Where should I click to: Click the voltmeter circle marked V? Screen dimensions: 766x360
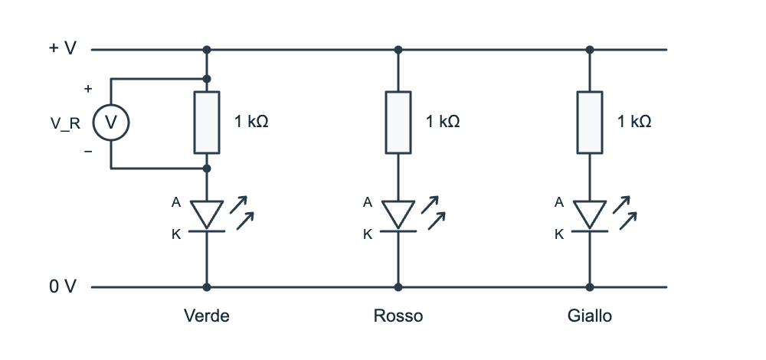[111, 123]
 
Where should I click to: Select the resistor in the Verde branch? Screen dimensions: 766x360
[207, 123]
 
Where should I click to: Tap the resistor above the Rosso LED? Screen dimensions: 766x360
[398, 123]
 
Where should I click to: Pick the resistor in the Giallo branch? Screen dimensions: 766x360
[590, 123]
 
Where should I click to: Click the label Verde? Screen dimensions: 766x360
[207, 316]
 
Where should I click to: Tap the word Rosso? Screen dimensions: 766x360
[398, 316]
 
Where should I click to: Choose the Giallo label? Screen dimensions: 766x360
[590, 316]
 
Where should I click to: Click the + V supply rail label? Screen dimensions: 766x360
[63, 48]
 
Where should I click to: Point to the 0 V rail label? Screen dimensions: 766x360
[63, 286]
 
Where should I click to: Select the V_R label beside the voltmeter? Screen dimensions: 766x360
[65, 123]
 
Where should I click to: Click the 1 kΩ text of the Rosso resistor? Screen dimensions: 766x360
[443, 121]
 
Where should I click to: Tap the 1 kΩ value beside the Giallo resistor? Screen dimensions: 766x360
[634, 121]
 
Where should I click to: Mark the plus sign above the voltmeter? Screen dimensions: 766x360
[88, 89]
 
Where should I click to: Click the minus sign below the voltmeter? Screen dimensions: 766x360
[88, 152]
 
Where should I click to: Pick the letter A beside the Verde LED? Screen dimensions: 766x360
[176, 202]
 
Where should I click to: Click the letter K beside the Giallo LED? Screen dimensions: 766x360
[559, 234]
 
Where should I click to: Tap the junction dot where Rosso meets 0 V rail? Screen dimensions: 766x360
[398, 287]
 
